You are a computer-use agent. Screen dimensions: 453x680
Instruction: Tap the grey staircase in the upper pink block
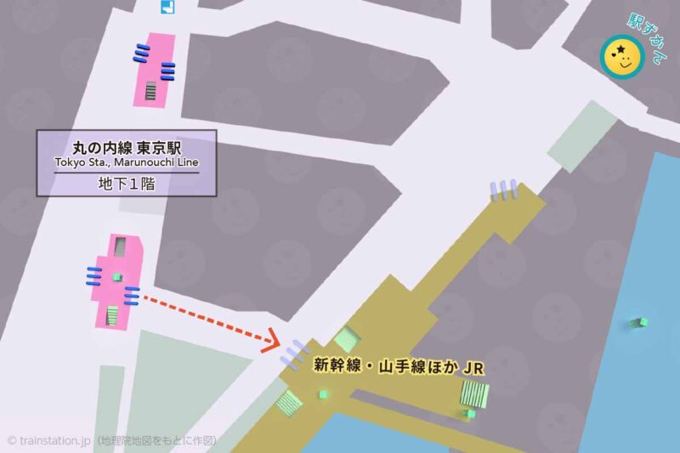[151, 90]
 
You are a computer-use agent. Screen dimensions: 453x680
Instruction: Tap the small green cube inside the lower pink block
[117, 277]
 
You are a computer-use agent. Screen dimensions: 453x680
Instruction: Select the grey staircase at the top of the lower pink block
[121, 246]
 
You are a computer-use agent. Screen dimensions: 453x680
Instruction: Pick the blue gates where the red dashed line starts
[132, 295]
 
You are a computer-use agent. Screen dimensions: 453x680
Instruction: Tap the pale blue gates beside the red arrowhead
[293, 353]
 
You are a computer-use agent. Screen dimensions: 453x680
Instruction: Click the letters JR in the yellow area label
[470, 368]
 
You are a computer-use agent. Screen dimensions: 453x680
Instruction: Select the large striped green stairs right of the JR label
[474, 394]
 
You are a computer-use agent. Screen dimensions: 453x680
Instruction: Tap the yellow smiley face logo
[621, 57]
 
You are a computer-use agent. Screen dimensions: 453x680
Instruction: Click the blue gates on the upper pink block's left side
[140, 54]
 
